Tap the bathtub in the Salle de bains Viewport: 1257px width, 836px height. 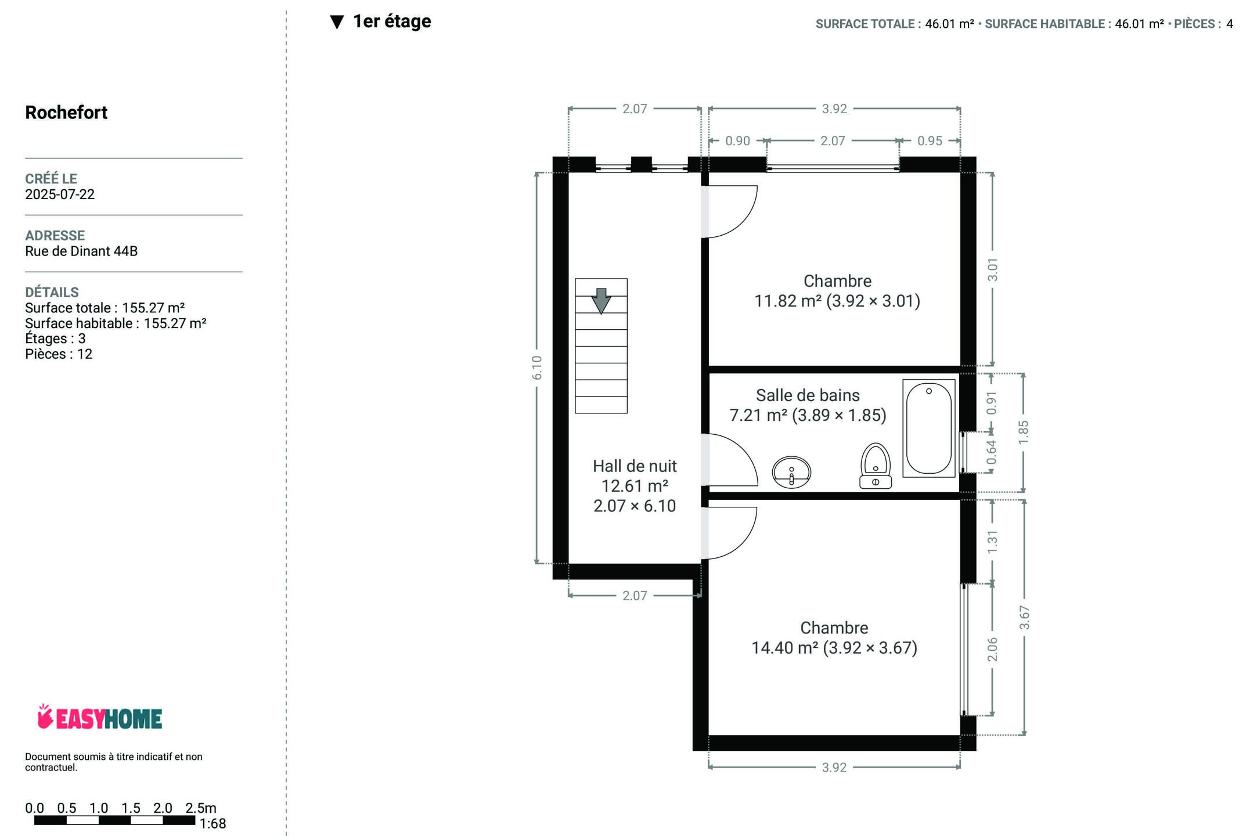929,428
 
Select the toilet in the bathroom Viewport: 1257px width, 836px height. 876,466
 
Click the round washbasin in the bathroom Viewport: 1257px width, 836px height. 791,471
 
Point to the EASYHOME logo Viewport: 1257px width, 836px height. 99,718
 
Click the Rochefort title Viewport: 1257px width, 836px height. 66,112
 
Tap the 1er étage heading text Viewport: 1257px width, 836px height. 392,21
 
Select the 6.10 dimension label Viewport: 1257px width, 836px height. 537,368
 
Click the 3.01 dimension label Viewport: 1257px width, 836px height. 993,270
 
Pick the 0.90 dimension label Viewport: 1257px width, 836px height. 738,141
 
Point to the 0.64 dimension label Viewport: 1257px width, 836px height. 992,452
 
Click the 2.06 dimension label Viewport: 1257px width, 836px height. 992,649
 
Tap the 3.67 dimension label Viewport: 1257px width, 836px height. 1025,618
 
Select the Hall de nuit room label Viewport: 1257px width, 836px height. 635,466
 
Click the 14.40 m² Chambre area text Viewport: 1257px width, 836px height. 834,648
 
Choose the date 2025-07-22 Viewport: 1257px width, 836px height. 60,194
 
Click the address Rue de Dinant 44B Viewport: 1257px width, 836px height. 81,251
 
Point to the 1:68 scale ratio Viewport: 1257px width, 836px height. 212,824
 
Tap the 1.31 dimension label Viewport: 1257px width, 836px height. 992,541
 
